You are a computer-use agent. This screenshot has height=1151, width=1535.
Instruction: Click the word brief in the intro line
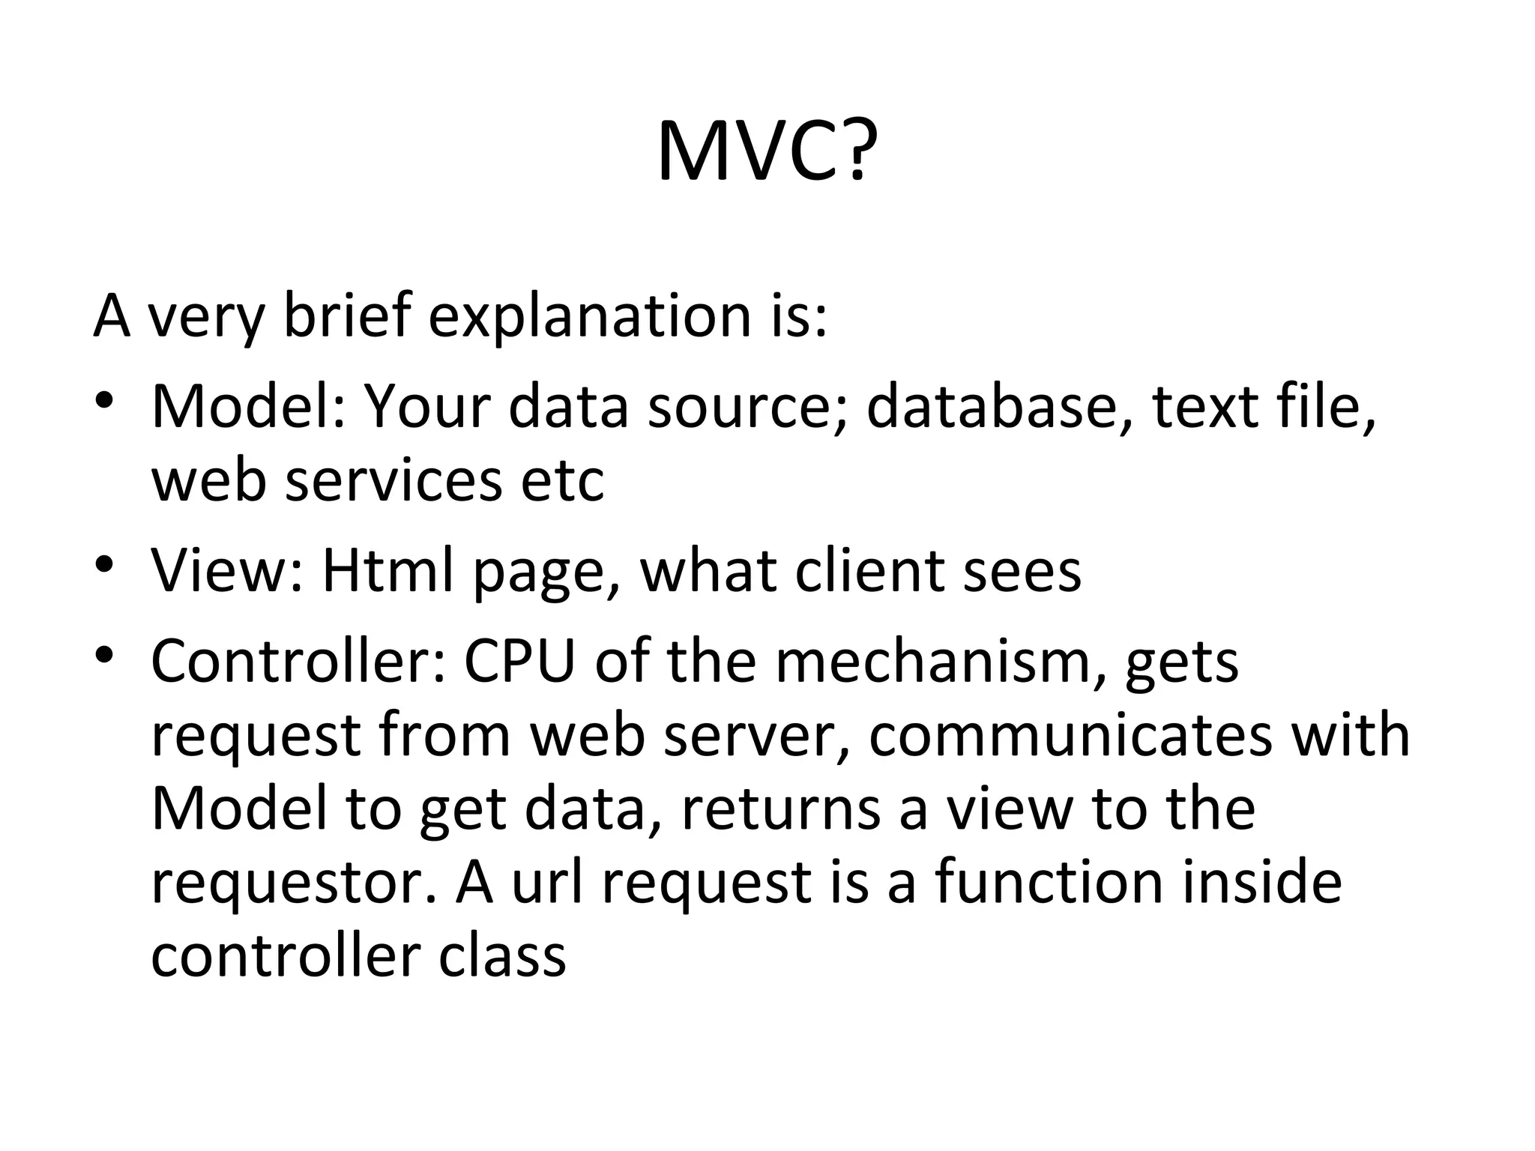[347, 315]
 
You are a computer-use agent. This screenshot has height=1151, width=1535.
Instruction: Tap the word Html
[387, 570]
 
